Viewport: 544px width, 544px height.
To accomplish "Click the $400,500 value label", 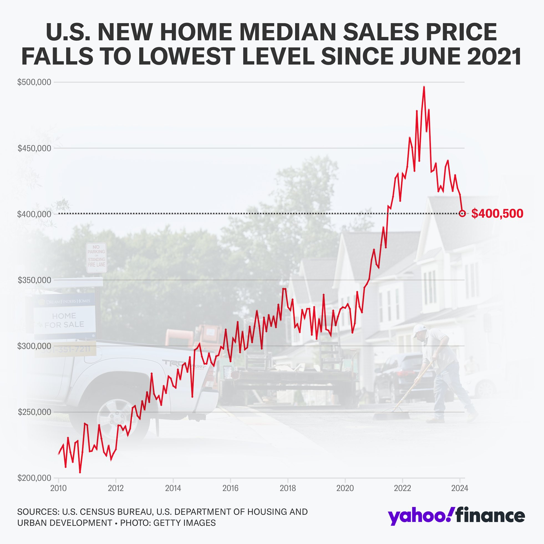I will point(497,214).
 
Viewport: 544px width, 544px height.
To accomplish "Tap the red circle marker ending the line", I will point(462,213).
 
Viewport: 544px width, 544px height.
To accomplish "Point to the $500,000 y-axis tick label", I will point(34,82).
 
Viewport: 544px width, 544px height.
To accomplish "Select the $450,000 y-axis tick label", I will point(34,148).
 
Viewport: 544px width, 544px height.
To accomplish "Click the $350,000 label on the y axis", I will point(34,280).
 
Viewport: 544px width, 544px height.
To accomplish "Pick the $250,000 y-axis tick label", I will point(34,412).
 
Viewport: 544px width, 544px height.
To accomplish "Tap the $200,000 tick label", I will point(34,478).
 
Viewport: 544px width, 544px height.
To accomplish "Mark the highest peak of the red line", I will point(424,87).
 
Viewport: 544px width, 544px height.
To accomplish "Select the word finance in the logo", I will point(490,515).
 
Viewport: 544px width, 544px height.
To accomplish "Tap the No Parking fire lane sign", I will point(96,258).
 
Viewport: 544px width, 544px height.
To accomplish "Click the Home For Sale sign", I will point(64,320).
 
